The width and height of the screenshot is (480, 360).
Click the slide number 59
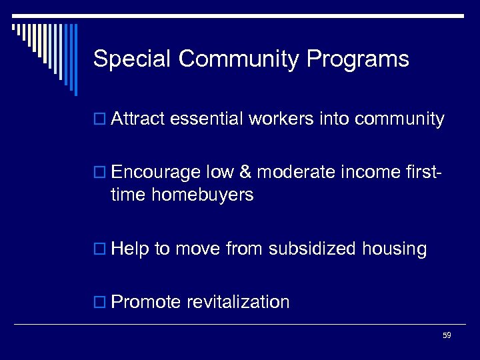coord(447,335)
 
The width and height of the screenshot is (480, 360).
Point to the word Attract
coord(139,119)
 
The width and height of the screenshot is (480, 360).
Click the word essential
coord(207,119)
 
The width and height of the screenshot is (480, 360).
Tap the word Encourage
coord(156,173)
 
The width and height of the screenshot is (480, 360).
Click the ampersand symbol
coord(246,173)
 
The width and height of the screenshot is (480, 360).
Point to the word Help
coord(131,249)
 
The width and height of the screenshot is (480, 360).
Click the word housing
coord(395,249)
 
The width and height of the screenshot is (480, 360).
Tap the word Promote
coord(146,302)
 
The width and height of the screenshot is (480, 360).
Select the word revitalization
coord(238,302)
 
